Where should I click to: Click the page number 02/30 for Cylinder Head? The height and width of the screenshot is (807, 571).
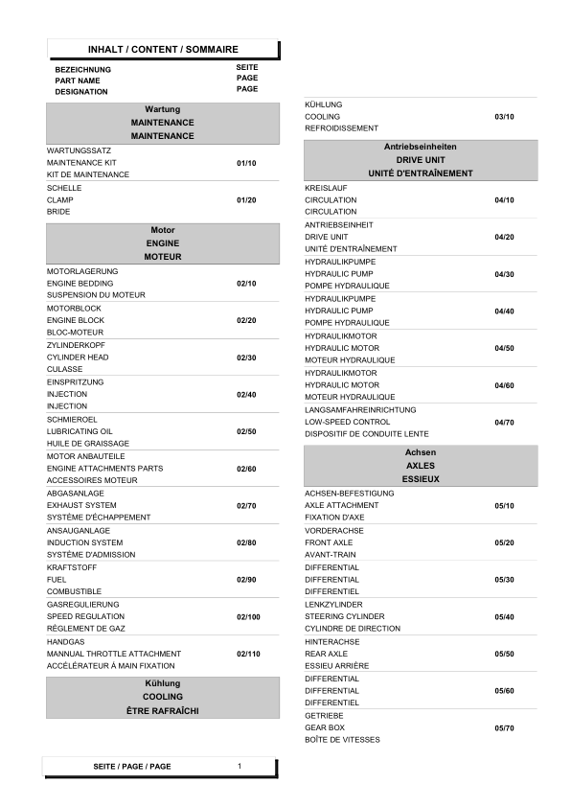246,357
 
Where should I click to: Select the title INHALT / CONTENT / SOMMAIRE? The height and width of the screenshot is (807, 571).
163,49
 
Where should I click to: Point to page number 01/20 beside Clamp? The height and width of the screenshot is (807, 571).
246,199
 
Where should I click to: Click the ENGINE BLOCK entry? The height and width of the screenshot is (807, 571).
76,320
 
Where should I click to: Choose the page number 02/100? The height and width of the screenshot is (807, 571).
248,616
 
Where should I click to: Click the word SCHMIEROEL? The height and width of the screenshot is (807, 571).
71,419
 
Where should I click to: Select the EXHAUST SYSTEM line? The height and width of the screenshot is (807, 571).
81,505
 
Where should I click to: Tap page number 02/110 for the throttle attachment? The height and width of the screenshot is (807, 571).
248,654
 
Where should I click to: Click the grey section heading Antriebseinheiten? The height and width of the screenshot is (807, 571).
420,147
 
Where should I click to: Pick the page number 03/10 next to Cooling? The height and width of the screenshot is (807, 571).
504,116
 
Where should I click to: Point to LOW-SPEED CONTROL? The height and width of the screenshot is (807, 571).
347,422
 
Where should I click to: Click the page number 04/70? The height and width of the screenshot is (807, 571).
504,422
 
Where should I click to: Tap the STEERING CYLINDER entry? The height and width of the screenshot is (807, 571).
345,616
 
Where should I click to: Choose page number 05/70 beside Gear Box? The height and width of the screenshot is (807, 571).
504,728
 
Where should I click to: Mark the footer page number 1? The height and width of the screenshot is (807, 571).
240,766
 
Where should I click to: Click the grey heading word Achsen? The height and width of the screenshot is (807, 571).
421,450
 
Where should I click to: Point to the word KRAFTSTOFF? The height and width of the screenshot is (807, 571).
70,567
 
